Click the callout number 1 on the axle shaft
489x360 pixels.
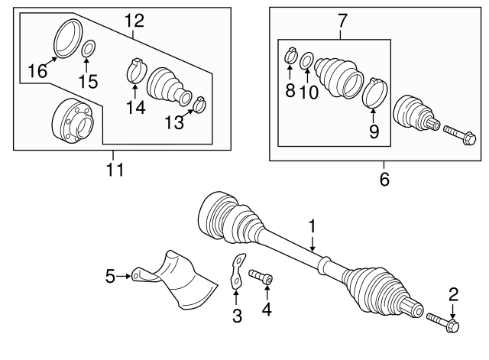pos(312,225)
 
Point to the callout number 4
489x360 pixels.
pos(267,310)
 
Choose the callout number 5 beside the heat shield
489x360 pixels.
pos(110,274)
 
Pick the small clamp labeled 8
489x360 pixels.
pos(290,55)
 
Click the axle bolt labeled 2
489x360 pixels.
pos(442,322)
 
